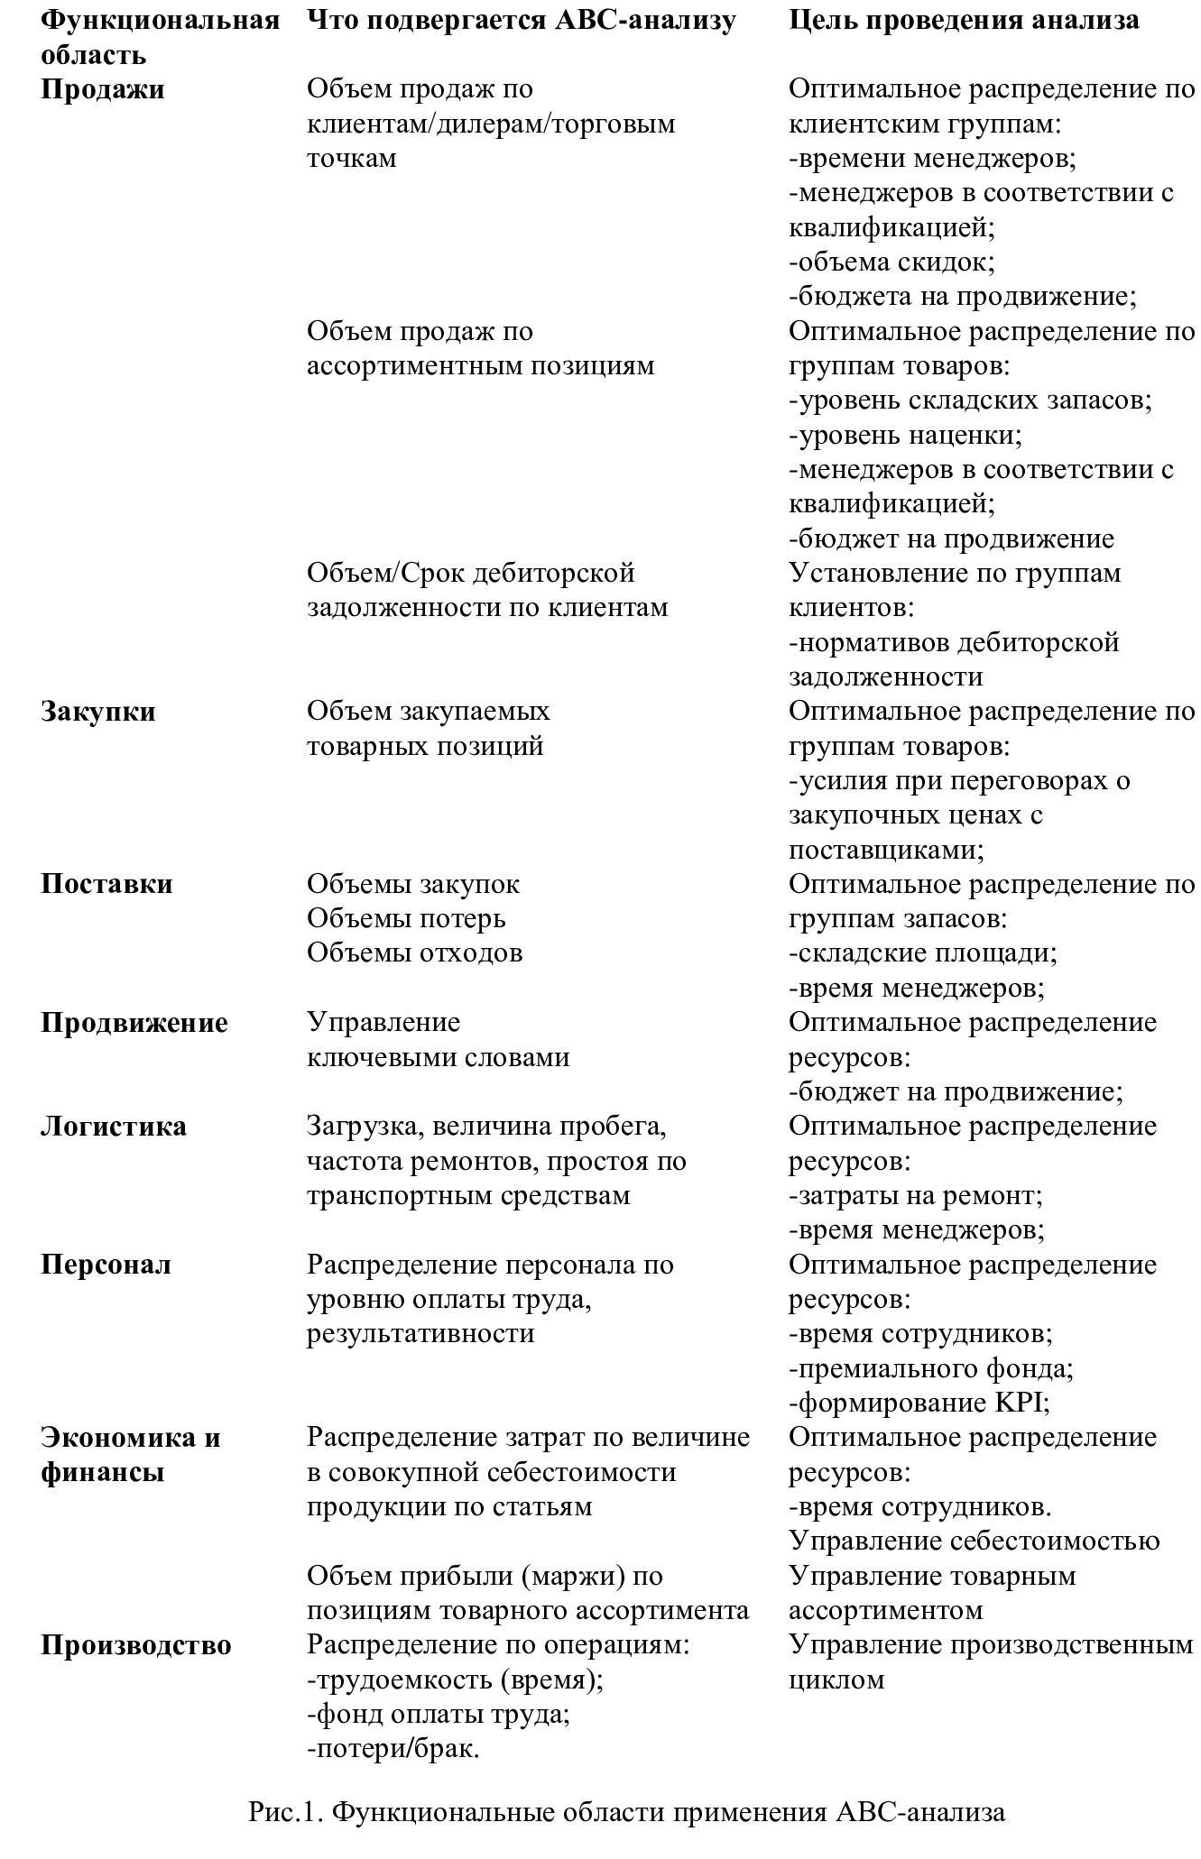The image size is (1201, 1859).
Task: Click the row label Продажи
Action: (103, 90)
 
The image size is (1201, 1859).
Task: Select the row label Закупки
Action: (98, 712)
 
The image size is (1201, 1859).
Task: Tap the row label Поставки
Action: (106, 884)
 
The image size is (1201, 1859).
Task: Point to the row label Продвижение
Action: (134, 1023)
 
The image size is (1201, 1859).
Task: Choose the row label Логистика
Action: (114, 1127)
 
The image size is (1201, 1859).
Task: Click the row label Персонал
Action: (106, 1265)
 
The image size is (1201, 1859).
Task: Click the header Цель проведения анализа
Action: (964, 20)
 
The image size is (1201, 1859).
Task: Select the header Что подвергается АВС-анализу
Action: (522, 20)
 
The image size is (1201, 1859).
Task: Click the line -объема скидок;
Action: (892, 262)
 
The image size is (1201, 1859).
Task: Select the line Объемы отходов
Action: (414, 953)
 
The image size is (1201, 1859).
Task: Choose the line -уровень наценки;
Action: (905, 436)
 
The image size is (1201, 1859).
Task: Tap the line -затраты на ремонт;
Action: (916, 1196)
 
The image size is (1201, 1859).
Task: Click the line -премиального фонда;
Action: (931, 1369)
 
